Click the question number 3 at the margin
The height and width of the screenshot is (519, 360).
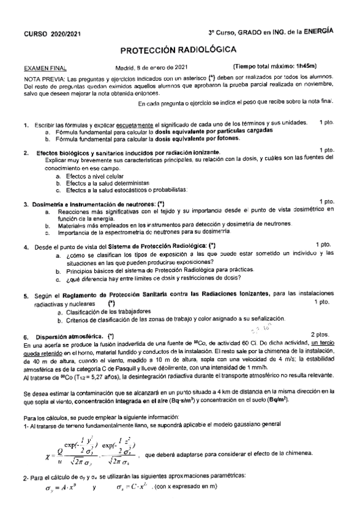25,202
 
